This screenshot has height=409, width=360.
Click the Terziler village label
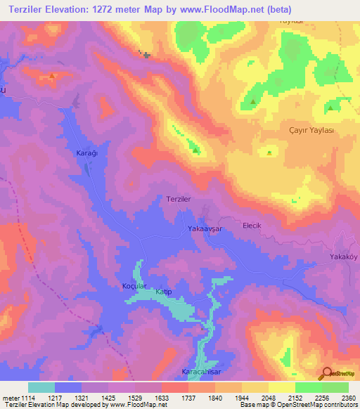[x=179, y=199]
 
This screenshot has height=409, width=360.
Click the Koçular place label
[x=134, y=286]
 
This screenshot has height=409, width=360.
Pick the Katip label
[x=164, y=291]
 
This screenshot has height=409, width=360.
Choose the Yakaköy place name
[x=344, y=257]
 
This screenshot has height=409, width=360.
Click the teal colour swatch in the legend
[x=41, y=387]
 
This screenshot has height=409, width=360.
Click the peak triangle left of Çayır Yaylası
[x=269, y=152]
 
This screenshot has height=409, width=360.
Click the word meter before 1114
[x=10, y=397]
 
